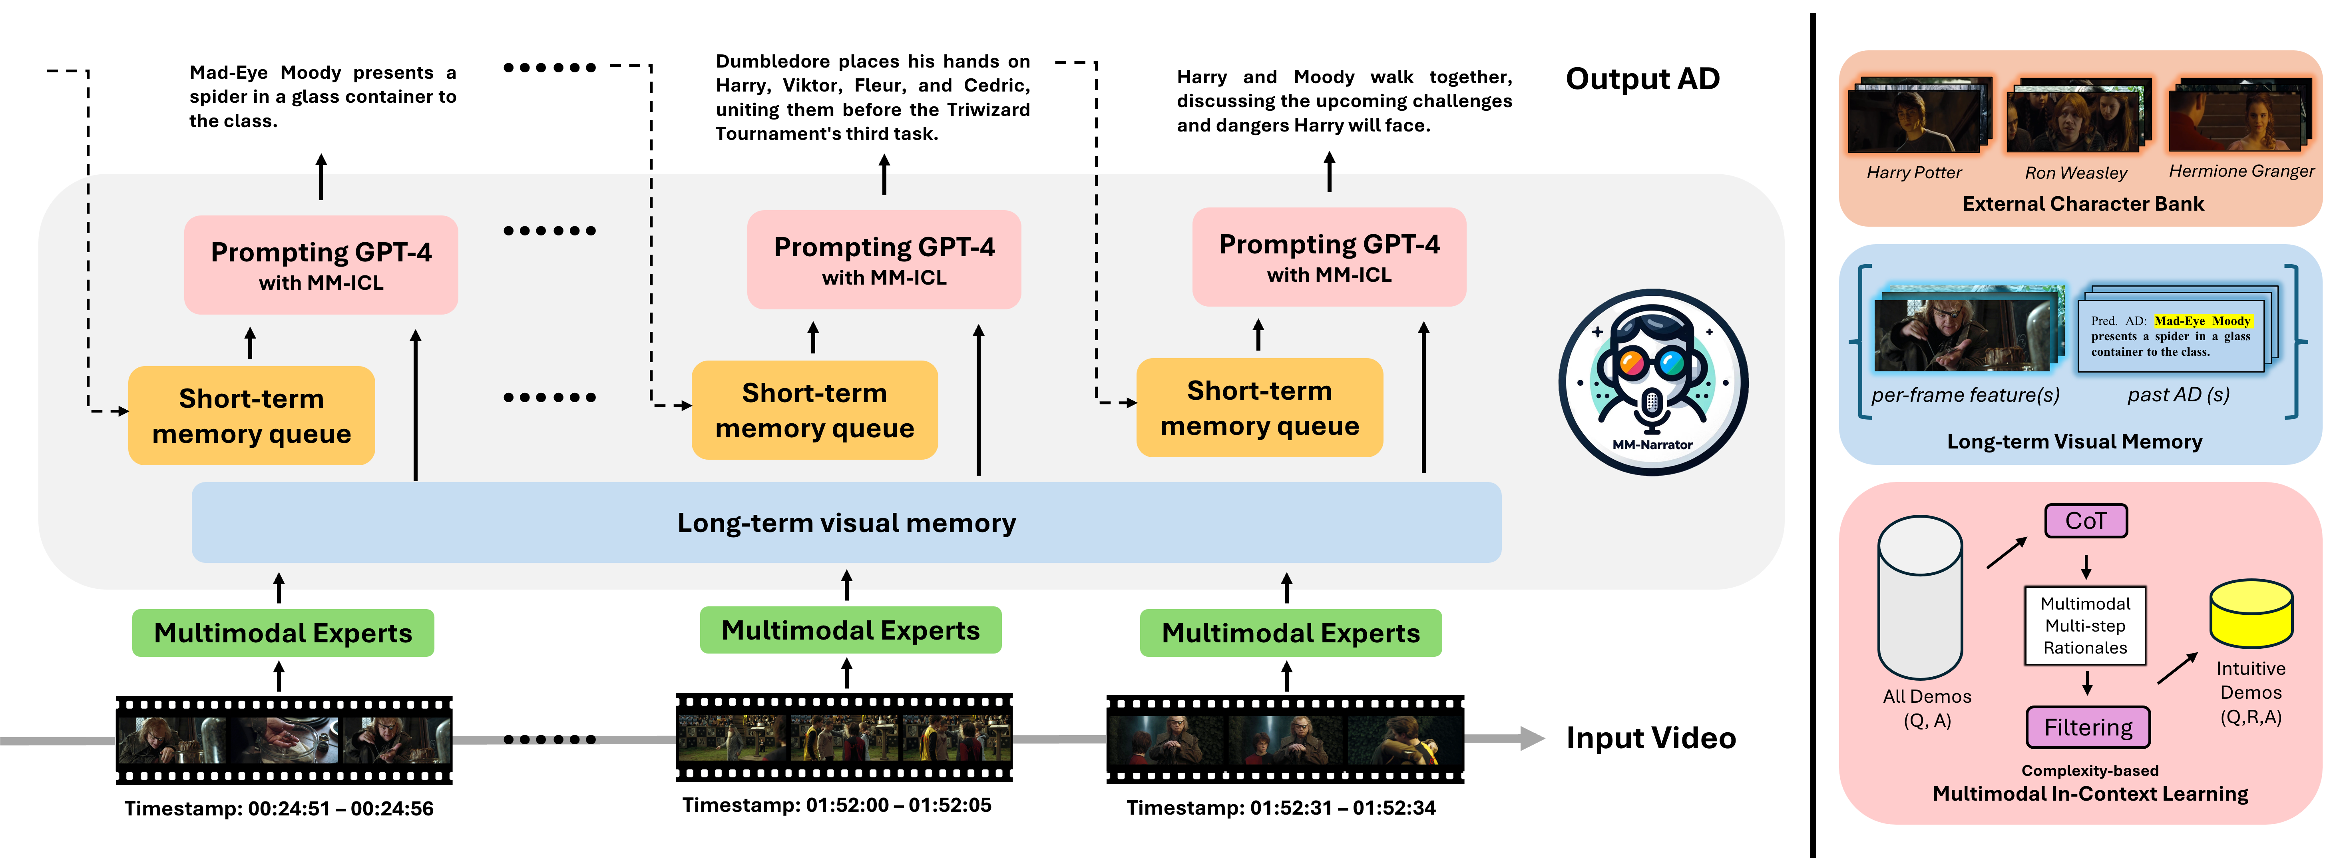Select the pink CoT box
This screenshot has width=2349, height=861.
click(2086, 521)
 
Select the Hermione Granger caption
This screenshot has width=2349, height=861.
click(2242, 171)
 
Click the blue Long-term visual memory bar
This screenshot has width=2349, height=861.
click(846, 522)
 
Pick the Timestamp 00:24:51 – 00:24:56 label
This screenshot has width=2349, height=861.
click(279, 808)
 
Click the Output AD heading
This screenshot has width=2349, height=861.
click(1642, 78)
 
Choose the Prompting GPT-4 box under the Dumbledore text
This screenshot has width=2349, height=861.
click(884, 260)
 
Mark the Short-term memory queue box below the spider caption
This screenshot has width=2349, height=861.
click(252, 416)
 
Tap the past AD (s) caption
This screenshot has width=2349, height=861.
click(2178, 395)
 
